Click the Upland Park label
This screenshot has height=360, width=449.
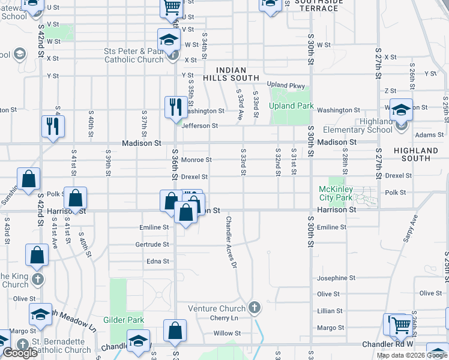click(x=291, y=106)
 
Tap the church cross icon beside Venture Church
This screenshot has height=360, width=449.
click(x=255, y=308)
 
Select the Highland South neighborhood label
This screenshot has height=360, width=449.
click(x=416, y=154)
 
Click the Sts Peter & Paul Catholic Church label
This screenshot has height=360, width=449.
click(x=134, y=55)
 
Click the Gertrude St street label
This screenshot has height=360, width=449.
click(x=152, y=245)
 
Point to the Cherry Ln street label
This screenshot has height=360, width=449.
click(x=224, y=317)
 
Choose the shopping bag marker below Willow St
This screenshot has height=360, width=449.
click(x=175, y=331)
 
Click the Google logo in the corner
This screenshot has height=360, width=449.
click(x=20, y=353)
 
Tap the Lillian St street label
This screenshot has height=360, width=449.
click(x=330, y=311)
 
